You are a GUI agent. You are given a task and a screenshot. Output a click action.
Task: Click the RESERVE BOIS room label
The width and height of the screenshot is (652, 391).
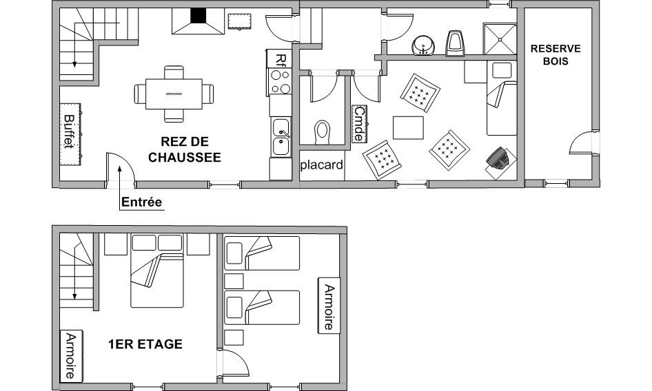556,55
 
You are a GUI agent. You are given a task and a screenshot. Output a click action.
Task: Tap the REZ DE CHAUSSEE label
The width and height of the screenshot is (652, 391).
185,149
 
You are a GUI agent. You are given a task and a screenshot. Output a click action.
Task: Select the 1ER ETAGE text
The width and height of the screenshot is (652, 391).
145,344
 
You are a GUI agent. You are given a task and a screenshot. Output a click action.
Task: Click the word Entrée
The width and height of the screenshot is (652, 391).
141,202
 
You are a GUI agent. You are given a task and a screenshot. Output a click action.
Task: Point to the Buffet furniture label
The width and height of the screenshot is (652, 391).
69,131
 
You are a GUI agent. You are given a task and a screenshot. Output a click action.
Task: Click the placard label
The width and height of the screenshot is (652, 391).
322,165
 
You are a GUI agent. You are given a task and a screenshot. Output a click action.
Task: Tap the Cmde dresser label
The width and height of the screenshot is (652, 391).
359,124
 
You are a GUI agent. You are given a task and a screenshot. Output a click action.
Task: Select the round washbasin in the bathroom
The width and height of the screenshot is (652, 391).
423,45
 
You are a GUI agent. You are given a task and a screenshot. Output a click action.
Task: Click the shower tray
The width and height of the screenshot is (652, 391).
500,39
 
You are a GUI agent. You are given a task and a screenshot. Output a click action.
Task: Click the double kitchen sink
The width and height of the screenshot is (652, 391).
281,137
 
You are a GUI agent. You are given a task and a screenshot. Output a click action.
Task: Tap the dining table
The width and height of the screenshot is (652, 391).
174,94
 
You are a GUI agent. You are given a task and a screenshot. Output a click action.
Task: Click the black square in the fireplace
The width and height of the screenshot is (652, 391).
198,15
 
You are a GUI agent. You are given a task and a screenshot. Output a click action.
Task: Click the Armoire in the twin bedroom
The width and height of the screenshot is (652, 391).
329,306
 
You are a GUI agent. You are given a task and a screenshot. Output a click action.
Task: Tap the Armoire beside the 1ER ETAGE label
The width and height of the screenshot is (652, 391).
71,356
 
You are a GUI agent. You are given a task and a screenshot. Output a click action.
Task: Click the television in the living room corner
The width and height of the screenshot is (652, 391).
498,158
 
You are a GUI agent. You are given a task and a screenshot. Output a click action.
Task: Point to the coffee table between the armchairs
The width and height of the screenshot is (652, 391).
408,127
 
